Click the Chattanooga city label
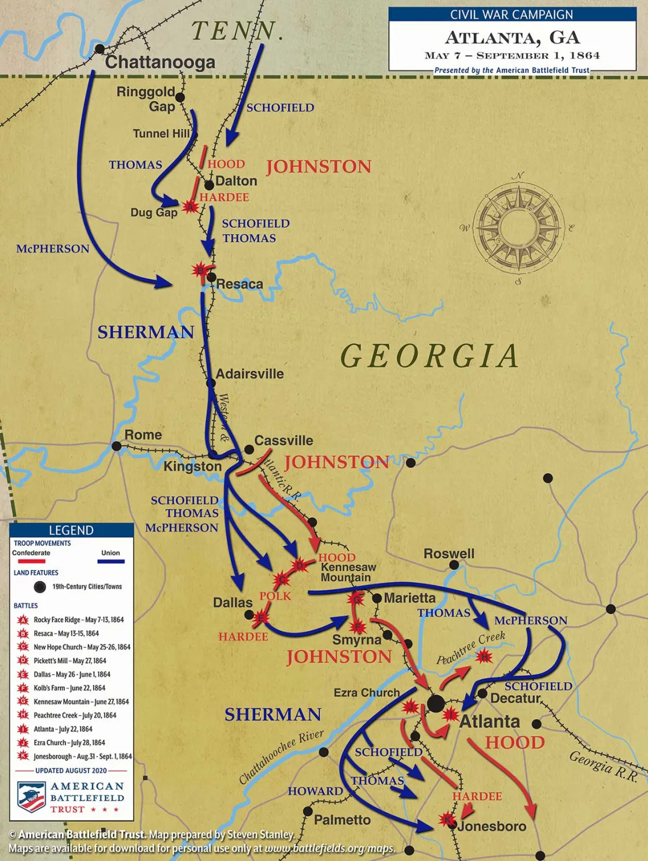click(160, 62)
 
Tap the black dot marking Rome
click(116, 446)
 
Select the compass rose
click(518, 227)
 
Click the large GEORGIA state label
click(429, 355)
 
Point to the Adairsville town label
click(249, 374)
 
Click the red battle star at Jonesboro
click(446, 819)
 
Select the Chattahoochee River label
click(281, 756)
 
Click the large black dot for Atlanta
click(436, 704)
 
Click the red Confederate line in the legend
click(31, 561)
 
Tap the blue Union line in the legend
click(111, 561)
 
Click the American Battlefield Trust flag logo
click(31, 797)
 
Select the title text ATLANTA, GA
click(512, 38)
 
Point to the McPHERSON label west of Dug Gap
click(53, 249)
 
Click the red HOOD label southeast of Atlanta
click(514, 742)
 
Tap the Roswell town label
click(448, 554)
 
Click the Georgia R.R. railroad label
click(603, 766)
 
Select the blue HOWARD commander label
click(315, 791)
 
